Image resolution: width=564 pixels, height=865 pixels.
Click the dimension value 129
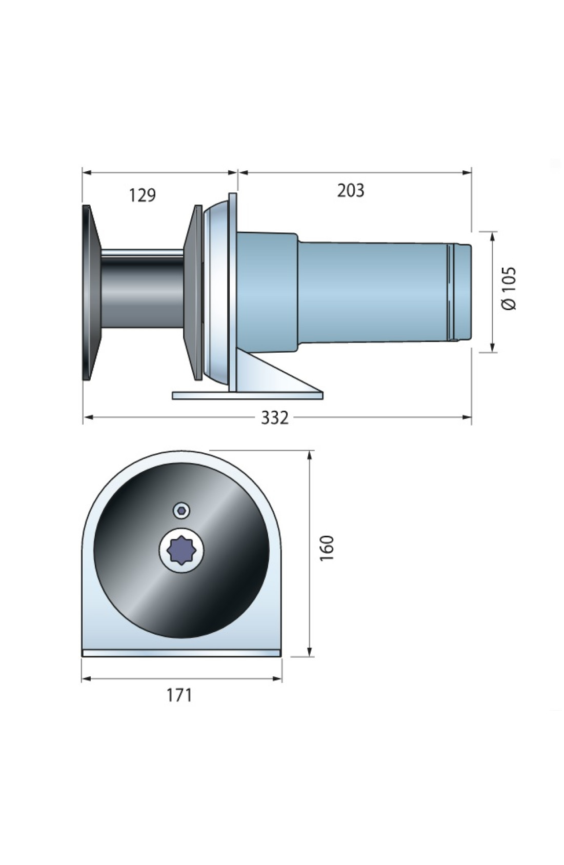click(x=142, y=195)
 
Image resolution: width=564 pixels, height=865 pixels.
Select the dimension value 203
click(x=350, y=190)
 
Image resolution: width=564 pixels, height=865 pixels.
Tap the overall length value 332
click(x=274, y=418)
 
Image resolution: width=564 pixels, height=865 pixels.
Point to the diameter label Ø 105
click(x=508, y=288)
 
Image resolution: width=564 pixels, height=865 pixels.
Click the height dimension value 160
click(x=326, y=548)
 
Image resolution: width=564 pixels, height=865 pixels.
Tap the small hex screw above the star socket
click(x=181, y=511)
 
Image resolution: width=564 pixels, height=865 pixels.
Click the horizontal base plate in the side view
click(x=248, y=395)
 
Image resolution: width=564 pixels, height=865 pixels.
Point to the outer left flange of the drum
click(x=91, y=292)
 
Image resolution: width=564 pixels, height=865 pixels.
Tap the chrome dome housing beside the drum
click(x=216, y=292)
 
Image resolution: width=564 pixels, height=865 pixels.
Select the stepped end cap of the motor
click(x=461, y=292)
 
